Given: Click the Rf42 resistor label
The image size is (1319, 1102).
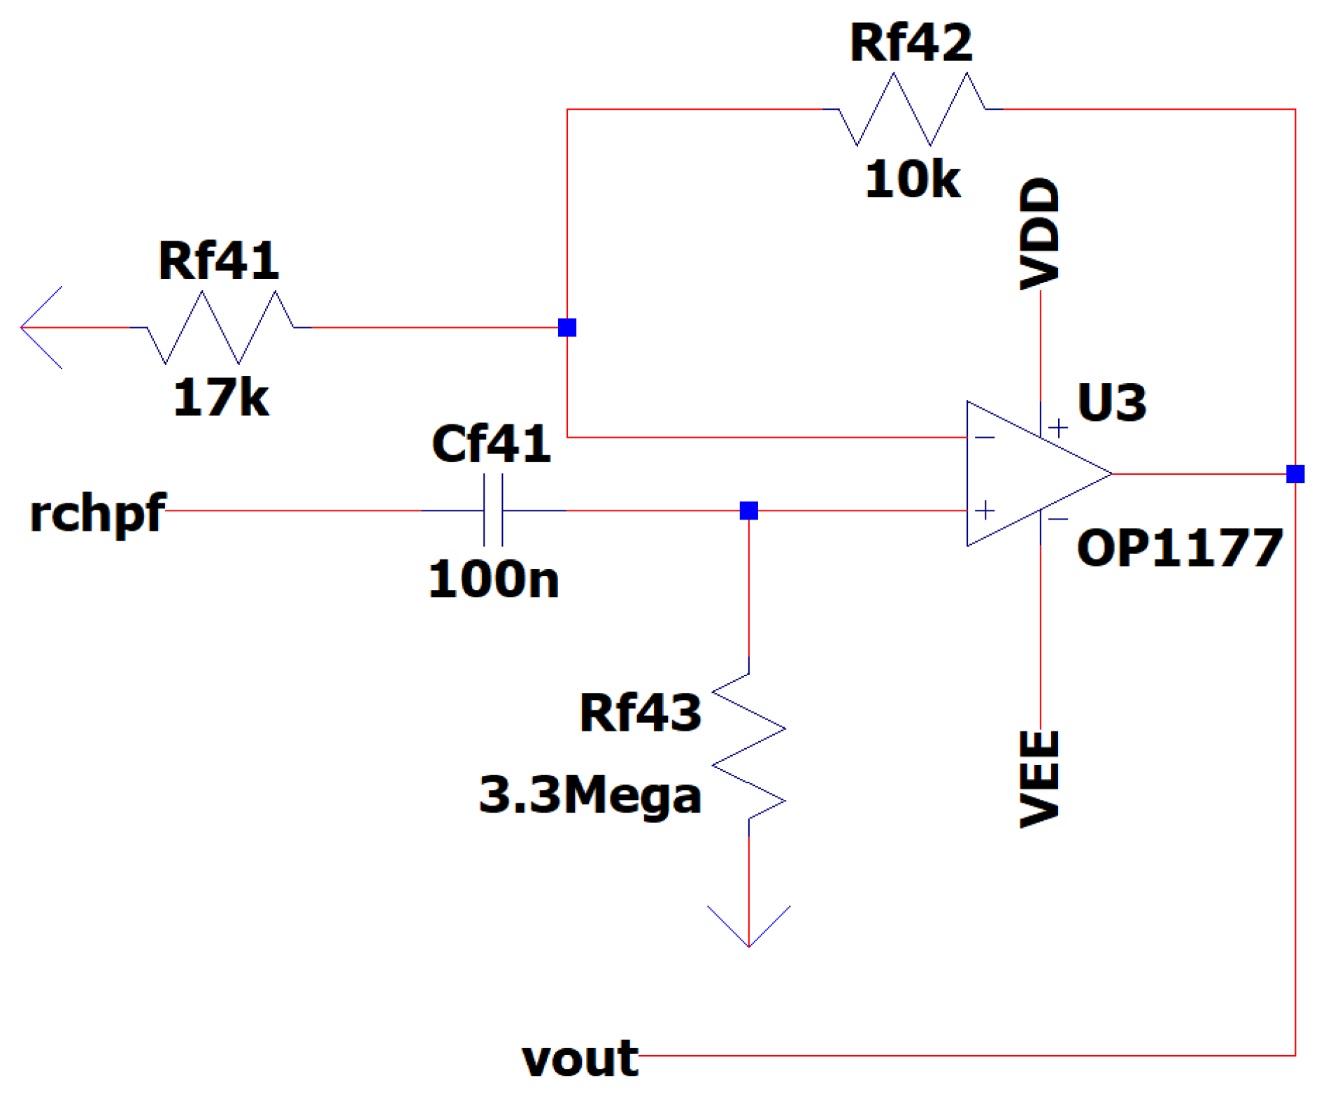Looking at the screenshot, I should coord(910,43).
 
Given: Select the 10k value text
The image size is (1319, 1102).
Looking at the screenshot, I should coord(912,180).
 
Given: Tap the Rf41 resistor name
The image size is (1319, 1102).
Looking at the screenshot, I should coord(218,261).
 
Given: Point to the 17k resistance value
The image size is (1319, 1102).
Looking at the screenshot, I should coord(220,397).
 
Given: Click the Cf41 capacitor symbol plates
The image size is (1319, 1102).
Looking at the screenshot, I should coord(493,510).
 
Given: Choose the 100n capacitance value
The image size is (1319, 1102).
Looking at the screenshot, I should coord(493,580).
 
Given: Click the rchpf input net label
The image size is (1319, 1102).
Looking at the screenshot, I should coord(97,513).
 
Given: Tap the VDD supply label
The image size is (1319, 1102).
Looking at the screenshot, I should coord(1040,234).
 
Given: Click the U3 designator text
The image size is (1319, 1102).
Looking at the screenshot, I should coord(1111,403).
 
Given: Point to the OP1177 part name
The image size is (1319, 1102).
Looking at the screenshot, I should coord(1179,548).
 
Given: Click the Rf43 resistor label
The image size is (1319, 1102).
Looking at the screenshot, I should coord(640,713).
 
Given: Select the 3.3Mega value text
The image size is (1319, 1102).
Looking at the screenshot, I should coord(590,795).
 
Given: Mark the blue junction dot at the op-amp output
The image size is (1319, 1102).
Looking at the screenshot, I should coord(1295,474).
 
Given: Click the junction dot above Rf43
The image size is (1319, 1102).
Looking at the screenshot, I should coord(748,510).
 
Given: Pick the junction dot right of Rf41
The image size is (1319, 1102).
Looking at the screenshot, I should coord(566,327).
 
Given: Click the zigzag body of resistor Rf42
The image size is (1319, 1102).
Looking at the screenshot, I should coord(912,109).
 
